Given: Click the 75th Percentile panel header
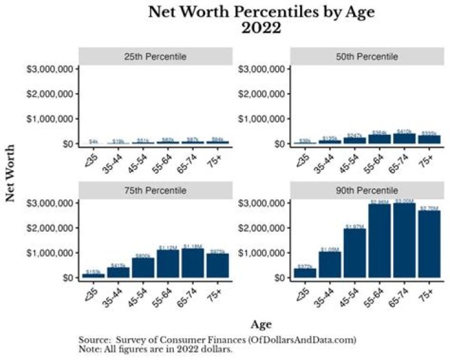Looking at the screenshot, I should (156, 190).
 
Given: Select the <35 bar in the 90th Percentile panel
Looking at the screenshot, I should (305, 272).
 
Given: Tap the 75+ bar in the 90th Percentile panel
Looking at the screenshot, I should (429, 244).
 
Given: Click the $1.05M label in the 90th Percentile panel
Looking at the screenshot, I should (330, 249).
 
